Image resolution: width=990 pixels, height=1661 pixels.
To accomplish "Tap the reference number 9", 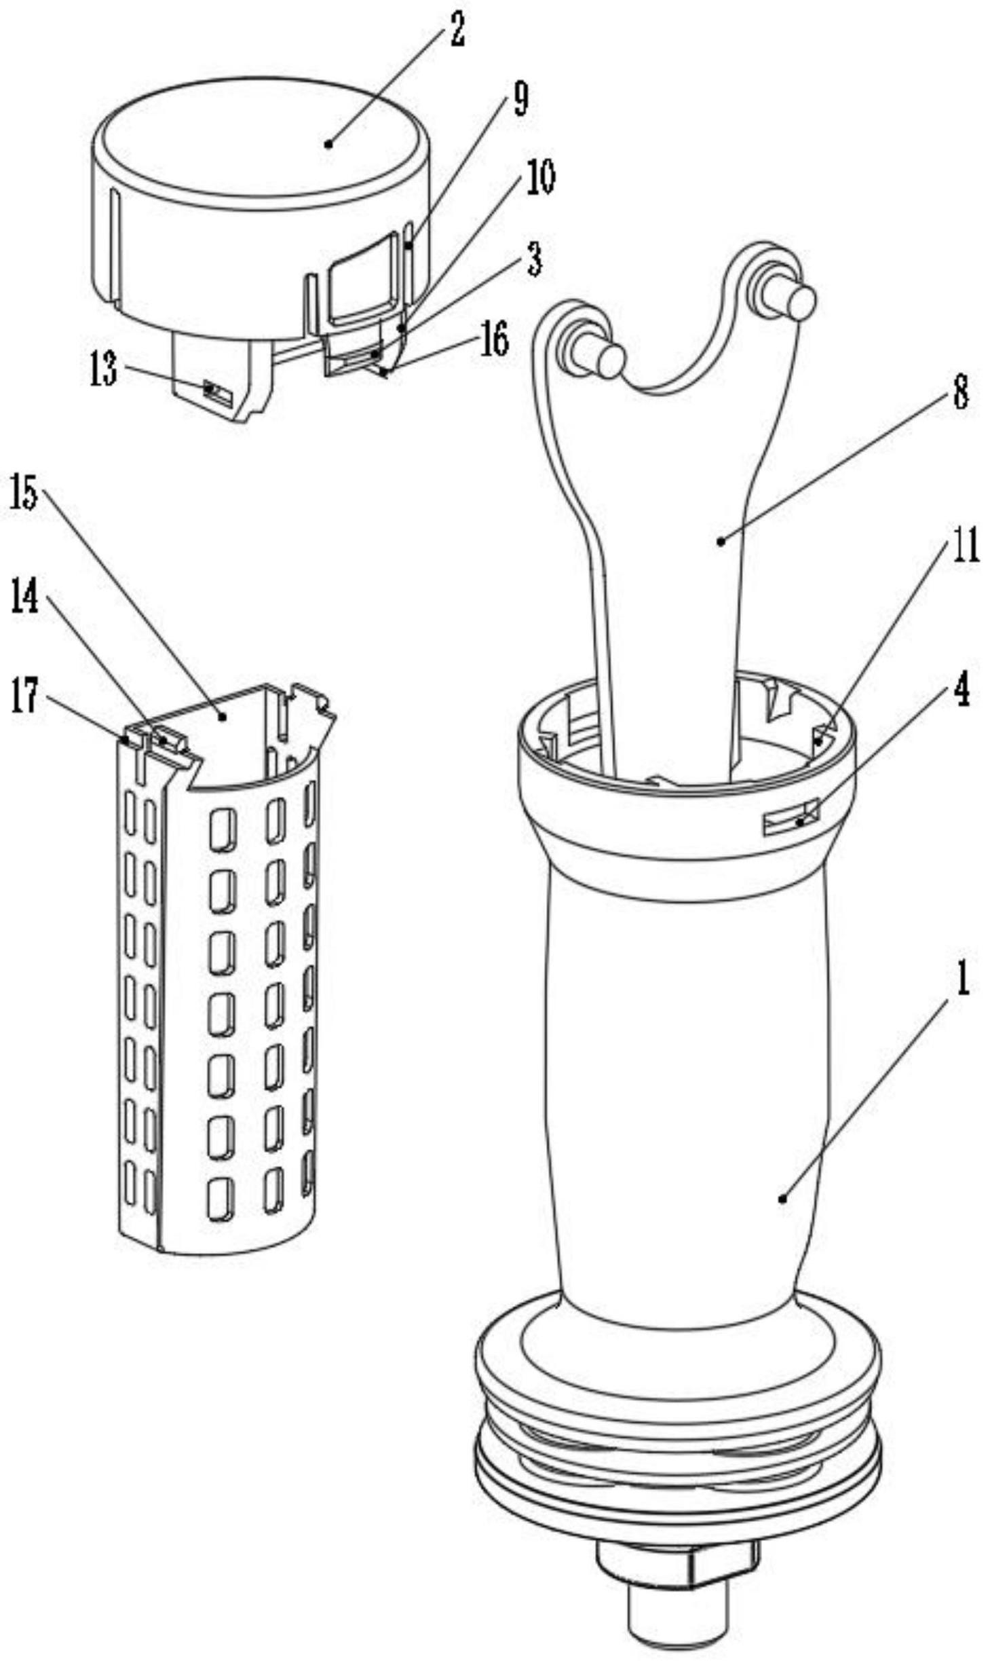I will (x=520, y=99).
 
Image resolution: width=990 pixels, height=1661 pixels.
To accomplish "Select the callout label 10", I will (x=541, y=178).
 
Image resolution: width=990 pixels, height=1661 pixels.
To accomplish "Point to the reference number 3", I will (x=535, y=260).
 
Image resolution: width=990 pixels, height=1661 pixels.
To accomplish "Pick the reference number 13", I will (x=104, y=370).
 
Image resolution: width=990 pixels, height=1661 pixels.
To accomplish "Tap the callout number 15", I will (x=24, y=492).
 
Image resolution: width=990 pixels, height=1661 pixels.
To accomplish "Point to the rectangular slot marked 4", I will (x=791, y=820).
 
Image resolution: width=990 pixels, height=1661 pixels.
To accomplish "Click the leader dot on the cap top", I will (x=328, y=143).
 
